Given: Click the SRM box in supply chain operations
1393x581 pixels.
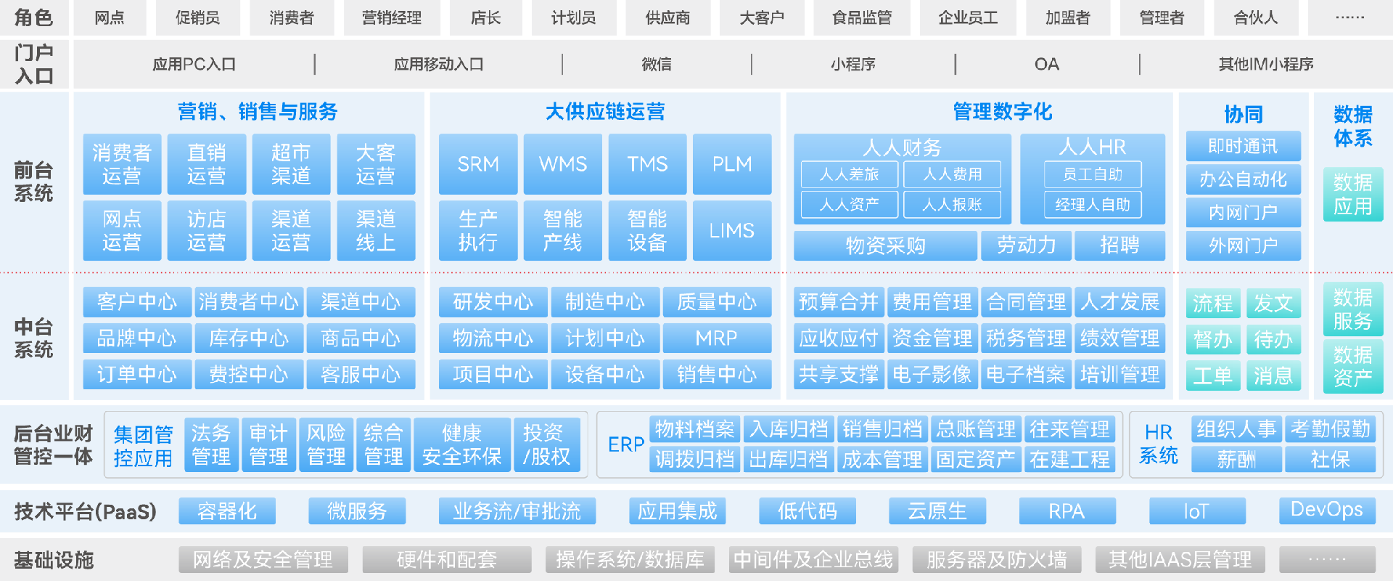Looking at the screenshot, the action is [478, 164].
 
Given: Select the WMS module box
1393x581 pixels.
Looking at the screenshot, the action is [563, 164].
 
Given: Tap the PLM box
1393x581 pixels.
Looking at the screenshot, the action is [732, 164].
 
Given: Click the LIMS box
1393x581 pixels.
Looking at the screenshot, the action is [732, 230].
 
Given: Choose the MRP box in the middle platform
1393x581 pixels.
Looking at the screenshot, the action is [717, 338].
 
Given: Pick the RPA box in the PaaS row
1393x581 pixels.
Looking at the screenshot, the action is [1067, 511].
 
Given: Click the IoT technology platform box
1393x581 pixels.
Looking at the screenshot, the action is [1197, 511].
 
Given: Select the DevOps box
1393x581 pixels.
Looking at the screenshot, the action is [1327, 511].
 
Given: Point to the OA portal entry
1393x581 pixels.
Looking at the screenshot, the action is [1047, 64].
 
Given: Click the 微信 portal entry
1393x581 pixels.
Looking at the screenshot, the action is [657, 64].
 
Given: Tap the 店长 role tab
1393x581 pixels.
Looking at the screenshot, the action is [485, 17].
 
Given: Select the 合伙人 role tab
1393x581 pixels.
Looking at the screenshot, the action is [1256, 17].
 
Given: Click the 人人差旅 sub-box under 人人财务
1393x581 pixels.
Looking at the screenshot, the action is [850, 174].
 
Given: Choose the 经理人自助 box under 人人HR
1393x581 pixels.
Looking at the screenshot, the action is [1093, 205].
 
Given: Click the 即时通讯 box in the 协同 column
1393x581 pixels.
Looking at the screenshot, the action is [1244, 147].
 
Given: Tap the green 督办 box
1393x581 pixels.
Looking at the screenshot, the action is [1213, 339].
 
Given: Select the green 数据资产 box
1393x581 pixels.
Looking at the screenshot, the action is [1353, 366].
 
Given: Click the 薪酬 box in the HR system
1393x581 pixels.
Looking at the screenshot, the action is [1236, 460].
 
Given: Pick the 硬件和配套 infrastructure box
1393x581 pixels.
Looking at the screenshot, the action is [447, 560].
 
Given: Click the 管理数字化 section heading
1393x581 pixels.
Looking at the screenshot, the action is [1002, 112].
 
